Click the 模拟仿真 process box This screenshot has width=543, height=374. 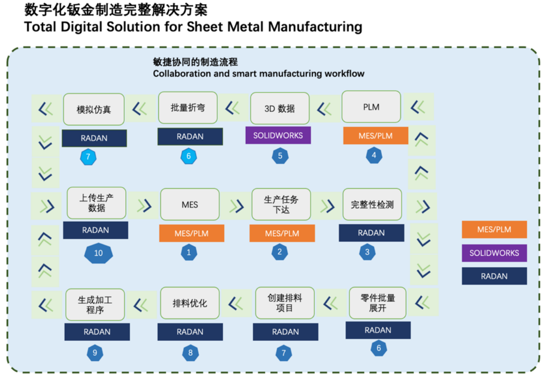click(x=93, y=109)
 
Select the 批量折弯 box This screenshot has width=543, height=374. click(x=188, y=108)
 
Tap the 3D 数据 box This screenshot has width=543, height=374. click(x=279, y=109)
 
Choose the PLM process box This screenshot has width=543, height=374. click(x=371, y=107)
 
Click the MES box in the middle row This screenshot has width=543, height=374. click(x=190, y=204)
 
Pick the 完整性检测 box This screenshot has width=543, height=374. click(x=372, y=204)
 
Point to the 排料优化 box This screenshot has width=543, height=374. click(x=190, y=303)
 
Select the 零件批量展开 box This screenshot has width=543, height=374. click(x=377, y=303)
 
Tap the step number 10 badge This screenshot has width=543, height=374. click(x=98, y=253)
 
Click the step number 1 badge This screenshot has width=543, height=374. click(x=189, y=253)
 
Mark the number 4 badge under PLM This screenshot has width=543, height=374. click(x=374, y=155)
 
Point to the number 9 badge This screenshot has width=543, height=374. click(x=95, y=353)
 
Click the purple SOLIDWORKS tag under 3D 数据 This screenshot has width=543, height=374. click(x=278, y=136)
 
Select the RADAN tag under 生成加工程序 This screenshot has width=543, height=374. click(x=97, y=332)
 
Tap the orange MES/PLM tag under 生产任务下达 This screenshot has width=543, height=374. click(x=282, y=233)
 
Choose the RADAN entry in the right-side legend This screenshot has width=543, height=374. click(x=494, y=276)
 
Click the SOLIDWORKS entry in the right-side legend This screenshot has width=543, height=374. click(x=494, y=253)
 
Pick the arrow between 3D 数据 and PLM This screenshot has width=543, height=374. click(x=325, y=109)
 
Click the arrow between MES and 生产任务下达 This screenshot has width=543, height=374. click(x=236, y=206)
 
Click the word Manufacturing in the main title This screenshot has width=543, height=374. click(x=315, y=26)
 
